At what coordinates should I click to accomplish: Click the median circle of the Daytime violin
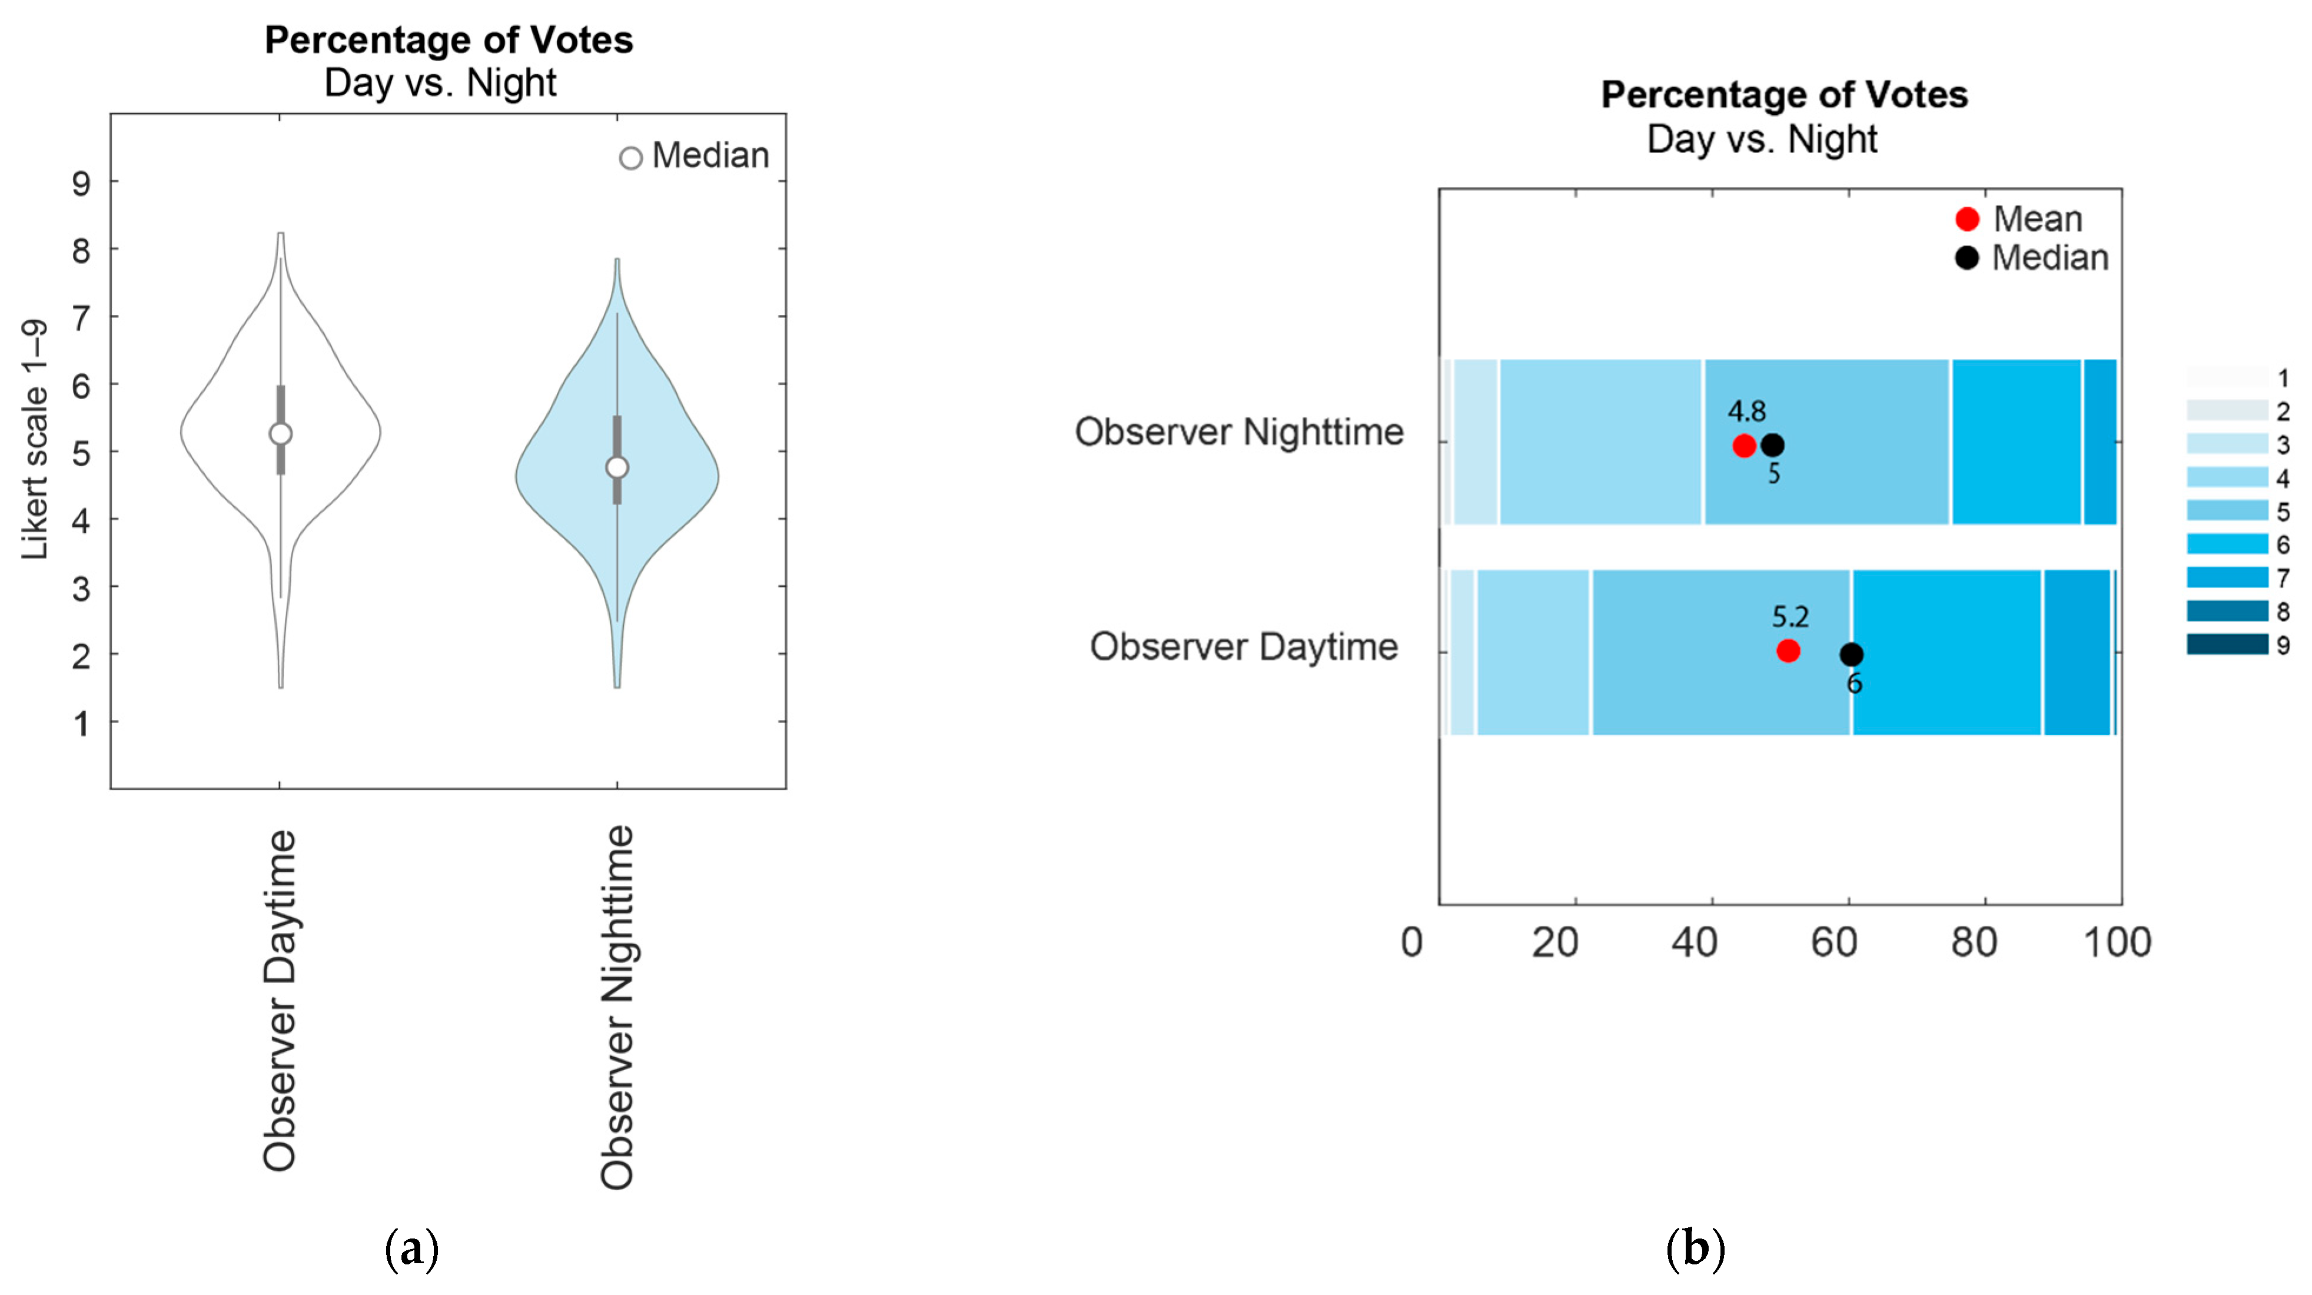tap(281, 433)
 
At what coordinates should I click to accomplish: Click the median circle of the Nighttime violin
tap(617, 467)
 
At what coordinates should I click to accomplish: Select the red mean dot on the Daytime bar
tap(1788, 650)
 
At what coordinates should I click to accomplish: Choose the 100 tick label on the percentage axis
tap(2117, 943)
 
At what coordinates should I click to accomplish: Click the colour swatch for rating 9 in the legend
tap(2227, 645)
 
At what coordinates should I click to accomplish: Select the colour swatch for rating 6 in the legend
tap(2227, 544)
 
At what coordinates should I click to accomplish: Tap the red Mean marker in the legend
tap(1967, 219)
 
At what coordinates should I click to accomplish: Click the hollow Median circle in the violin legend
tap(631, 158)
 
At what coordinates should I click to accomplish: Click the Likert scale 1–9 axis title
tap(34, 440)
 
